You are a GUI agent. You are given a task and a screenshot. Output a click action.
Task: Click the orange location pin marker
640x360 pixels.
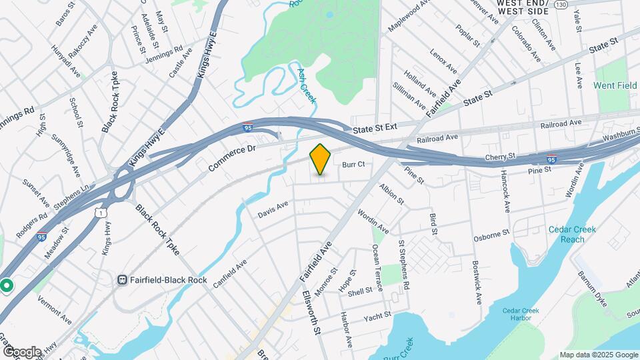[321, 159]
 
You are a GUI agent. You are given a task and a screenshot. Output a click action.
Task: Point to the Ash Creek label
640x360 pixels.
[307, 85]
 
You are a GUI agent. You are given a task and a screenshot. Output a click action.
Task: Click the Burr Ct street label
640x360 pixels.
[354, 164]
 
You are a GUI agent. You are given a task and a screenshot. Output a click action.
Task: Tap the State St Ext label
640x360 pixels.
[375, 127]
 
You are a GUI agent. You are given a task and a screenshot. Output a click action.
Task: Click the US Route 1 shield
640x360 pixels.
[99, 211]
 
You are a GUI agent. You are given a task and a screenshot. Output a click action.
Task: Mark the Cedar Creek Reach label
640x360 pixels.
[571, 234]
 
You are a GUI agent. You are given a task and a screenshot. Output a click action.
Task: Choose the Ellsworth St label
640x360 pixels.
[312, 313]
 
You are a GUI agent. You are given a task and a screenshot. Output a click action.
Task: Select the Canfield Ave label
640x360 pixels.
[230, 274]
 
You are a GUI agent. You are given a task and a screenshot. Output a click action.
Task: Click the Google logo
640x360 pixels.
[22, 351]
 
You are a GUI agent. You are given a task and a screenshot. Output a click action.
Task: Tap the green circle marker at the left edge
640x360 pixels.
[7, 285]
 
